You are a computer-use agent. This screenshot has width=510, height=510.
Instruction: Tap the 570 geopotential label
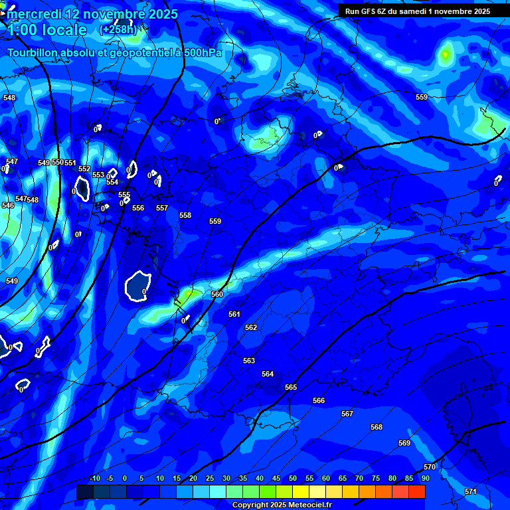[x=430, y=467]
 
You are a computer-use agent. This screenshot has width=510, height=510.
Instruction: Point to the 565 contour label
[x=291, y=387]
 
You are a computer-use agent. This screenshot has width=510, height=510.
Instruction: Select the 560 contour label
[x=217, y=294]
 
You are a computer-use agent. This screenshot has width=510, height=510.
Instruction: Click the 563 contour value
[x=249, y=361]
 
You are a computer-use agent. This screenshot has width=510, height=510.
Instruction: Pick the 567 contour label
[x=347, y=414]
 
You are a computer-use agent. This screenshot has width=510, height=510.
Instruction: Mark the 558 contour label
[x=185, y=215]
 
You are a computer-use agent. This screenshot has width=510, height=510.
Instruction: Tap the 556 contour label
[x=138, y=208]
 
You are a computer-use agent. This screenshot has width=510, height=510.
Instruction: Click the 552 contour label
[x=84, y=169]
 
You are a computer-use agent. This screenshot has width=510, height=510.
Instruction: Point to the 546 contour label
[x=8, y=206]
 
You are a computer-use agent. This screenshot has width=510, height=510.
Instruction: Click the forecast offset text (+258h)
[x=118, y=30]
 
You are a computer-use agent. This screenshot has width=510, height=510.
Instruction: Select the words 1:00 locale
[x=46, y=30]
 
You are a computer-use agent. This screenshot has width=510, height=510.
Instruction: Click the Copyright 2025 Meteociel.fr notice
[x=282, y=505]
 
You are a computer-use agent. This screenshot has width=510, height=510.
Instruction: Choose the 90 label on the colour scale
[x=425, y=478]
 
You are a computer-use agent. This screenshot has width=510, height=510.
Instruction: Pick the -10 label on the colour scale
[x=94, y=478]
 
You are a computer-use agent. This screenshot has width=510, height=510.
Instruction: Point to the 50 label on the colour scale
[x=292, y=478]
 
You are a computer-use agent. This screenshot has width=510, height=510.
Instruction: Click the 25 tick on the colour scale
[x=209, y=478]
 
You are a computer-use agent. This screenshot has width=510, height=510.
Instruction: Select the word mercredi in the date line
[x=34, y=14]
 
